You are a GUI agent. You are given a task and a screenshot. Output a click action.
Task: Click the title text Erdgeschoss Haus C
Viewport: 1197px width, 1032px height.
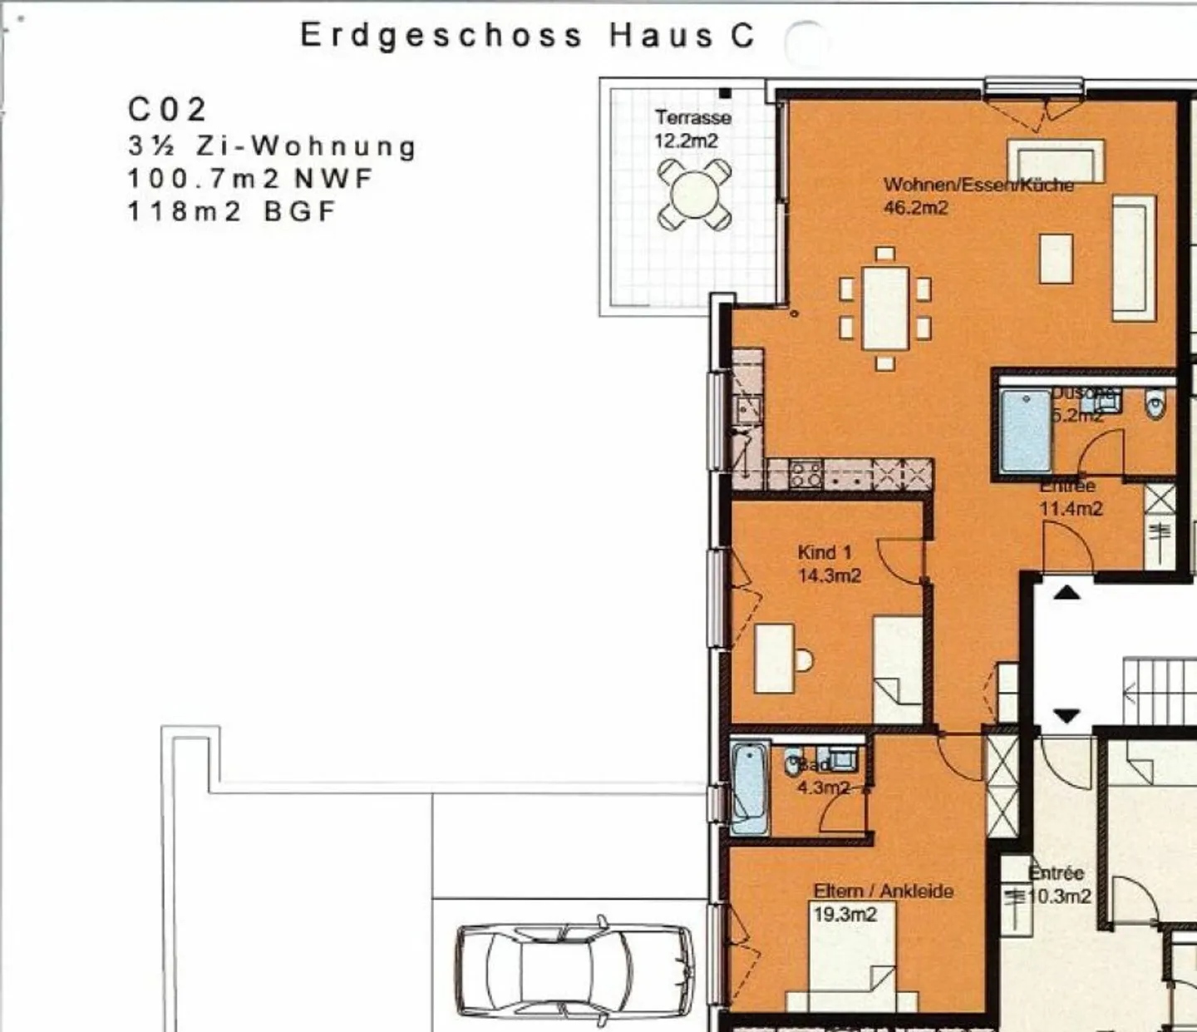pyautogui.click(x=527, y=36)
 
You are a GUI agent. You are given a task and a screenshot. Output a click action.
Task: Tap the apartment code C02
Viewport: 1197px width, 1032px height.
pyautogui.click(x=166, y=109)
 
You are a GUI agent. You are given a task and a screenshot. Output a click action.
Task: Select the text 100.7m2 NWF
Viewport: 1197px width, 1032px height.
pyautogui.click(x=249, y=178)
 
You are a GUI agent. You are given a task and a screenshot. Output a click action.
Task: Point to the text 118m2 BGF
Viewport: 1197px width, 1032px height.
pyautogui.click(x=231, y=211)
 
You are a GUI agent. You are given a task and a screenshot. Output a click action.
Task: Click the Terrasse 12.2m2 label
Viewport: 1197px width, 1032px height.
pyautogui.click(x=692, y=129)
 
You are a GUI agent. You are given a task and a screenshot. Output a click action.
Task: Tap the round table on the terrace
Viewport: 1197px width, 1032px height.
pyautogui.click(x=694, y=195)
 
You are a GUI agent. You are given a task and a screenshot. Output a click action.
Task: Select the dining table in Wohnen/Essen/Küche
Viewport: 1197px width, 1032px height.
pyautogui.click(x=885, y=308)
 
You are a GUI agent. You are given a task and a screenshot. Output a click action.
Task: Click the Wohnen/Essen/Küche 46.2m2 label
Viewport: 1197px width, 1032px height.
pyautogui.click(x=978, y=195)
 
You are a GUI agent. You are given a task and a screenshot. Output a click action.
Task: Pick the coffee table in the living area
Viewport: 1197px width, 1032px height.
pyautogui.click(x=1056, y=258)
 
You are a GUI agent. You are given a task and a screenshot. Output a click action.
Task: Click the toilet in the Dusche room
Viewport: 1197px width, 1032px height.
pyautogui.click(x=1155, y=405)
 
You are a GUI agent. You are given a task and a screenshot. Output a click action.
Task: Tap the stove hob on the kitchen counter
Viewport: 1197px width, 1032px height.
pyautogui.click(x=805, y=475)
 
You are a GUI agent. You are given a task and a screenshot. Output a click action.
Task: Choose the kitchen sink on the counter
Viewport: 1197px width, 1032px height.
pyautogui.click(x=745, y=408)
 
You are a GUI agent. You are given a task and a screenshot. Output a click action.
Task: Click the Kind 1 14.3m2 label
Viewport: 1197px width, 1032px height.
pyautogui.click(x=828, y=564)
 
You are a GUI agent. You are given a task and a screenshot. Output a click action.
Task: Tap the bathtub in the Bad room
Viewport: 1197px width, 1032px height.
pyautogui.click(x=749, y=787)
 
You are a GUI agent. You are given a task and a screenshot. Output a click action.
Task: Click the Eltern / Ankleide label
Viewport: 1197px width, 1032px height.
pyautogui.click(x=883, y=891)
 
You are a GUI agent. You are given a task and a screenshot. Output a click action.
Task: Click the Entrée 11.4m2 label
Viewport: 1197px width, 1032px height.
pyautogui.click(x=1071, y=497)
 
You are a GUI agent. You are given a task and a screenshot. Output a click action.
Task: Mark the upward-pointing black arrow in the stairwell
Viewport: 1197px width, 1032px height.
pyautogui.click(x=1066, y=593)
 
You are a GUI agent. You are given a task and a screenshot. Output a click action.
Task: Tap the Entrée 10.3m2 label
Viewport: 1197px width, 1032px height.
pyautogui.click(x=1057, y=885)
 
